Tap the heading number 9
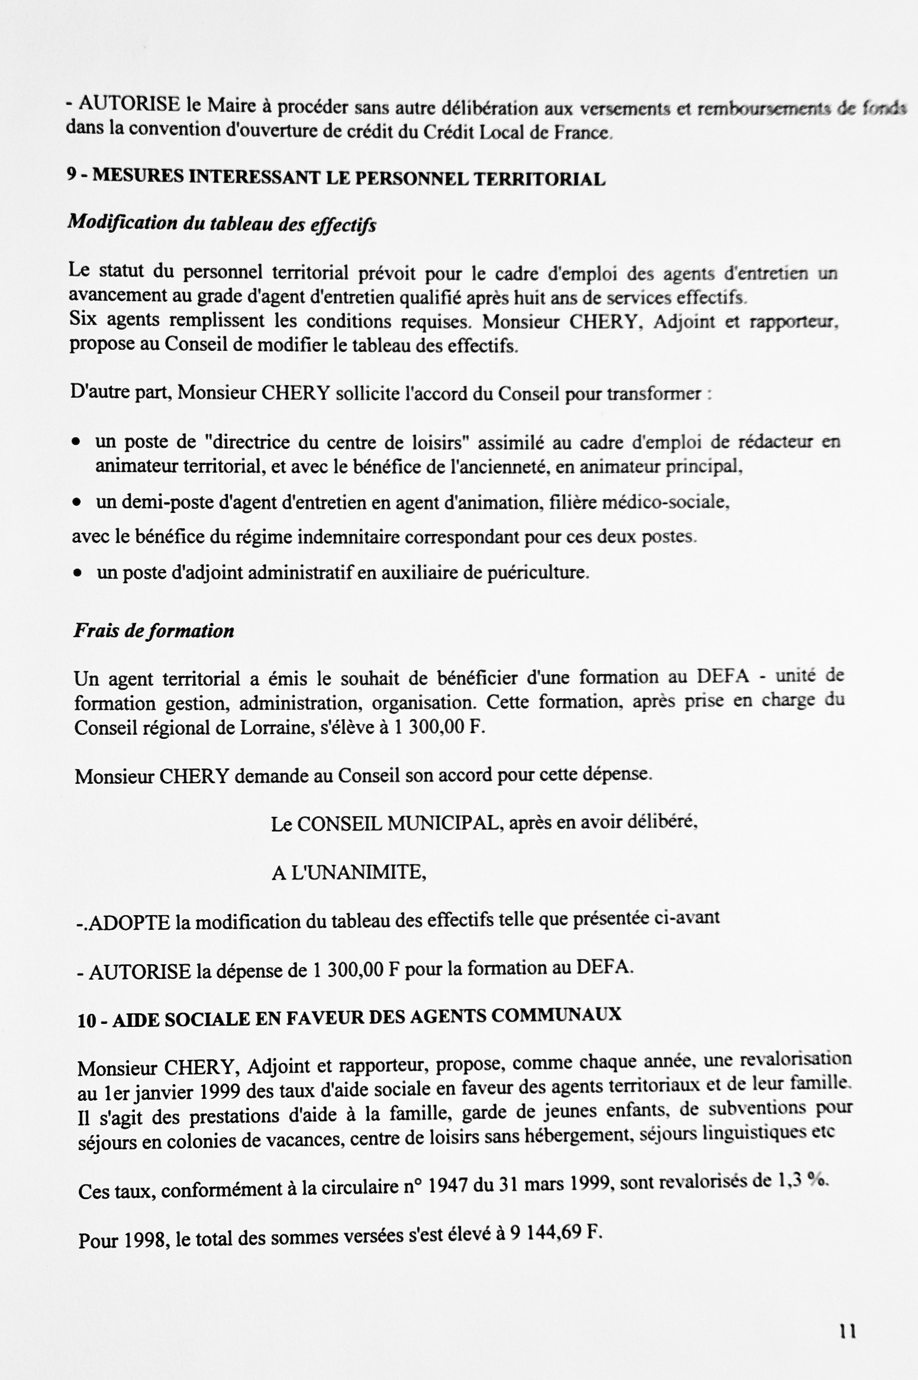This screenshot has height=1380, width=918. [x=72, y=176]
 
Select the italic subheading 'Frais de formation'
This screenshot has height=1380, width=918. [x=154, y=631]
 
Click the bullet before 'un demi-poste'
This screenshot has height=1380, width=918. [x=76, y=502]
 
